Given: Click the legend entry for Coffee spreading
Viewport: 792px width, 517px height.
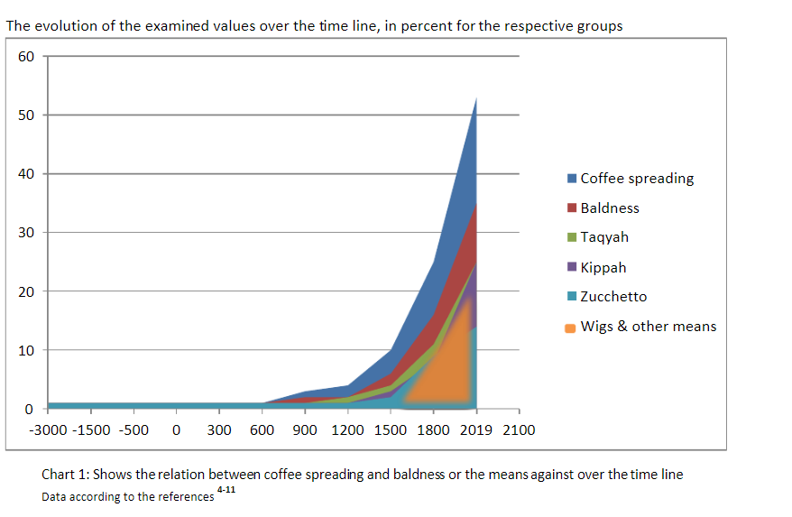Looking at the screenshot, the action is point(631,179).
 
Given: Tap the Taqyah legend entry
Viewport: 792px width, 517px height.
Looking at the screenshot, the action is point(598,237).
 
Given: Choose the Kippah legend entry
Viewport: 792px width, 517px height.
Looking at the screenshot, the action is point(596,267).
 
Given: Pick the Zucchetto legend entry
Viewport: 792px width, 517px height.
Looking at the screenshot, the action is point(607,296).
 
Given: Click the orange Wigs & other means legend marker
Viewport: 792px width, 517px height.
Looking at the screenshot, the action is point(570,328).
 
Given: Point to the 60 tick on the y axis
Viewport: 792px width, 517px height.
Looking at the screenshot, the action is point(26,56).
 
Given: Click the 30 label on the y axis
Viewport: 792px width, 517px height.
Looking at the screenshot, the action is point(26,233).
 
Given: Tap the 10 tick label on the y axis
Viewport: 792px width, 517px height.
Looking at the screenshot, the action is point(26,350).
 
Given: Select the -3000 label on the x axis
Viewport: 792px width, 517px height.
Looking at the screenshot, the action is point(48,430).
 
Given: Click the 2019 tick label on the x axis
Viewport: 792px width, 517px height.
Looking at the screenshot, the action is point(475,430).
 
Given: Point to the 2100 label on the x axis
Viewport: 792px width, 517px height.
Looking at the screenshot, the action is point(519,430).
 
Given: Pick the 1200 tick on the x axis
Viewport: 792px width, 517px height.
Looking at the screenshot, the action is point(347,430).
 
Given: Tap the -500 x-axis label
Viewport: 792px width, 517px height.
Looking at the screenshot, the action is point(134,430).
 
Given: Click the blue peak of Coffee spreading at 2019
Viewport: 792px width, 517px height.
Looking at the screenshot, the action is point(476,98).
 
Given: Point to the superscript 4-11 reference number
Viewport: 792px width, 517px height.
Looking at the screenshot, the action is point(226,489).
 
